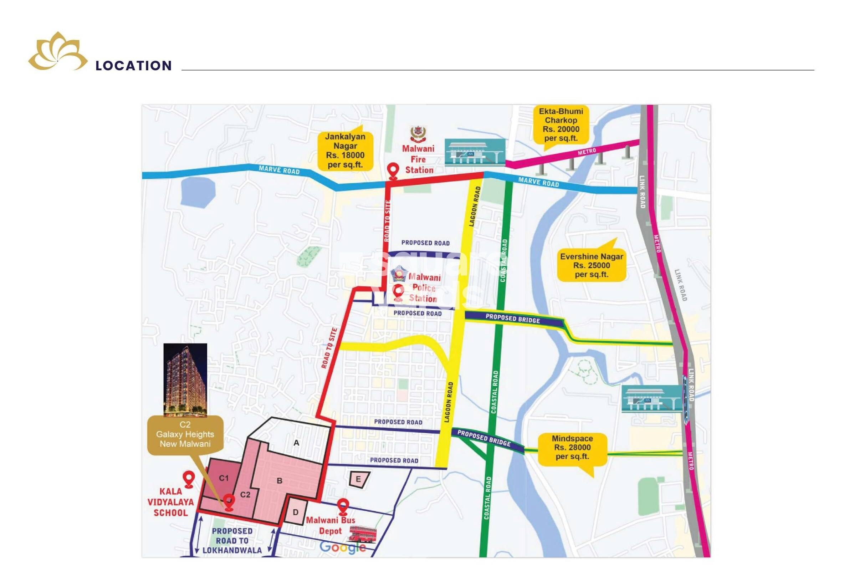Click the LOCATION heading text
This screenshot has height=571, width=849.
(x=134, y=66)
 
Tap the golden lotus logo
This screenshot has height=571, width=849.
(x=57, y=52)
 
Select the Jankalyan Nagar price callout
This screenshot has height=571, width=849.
(x=345, y=151)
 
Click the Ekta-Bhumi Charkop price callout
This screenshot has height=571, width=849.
(x=561, y=125)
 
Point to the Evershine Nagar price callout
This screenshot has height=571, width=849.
(x=591, y=265)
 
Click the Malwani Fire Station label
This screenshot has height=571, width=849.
(x=418, y=159)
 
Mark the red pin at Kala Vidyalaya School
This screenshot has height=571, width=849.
(x=189, y=479)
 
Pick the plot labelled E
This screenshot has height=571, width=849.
(x=359, y=479)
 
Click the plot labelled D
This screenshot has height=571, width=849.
(x=296, y=512)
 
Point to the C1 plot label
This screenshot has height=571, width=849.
(x=224, y=478)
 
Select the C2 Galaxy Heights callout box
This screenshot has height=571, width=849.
(x=185, y=434)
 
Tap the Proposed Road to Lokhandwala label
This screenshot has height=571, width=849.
(x=232, y=541)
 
